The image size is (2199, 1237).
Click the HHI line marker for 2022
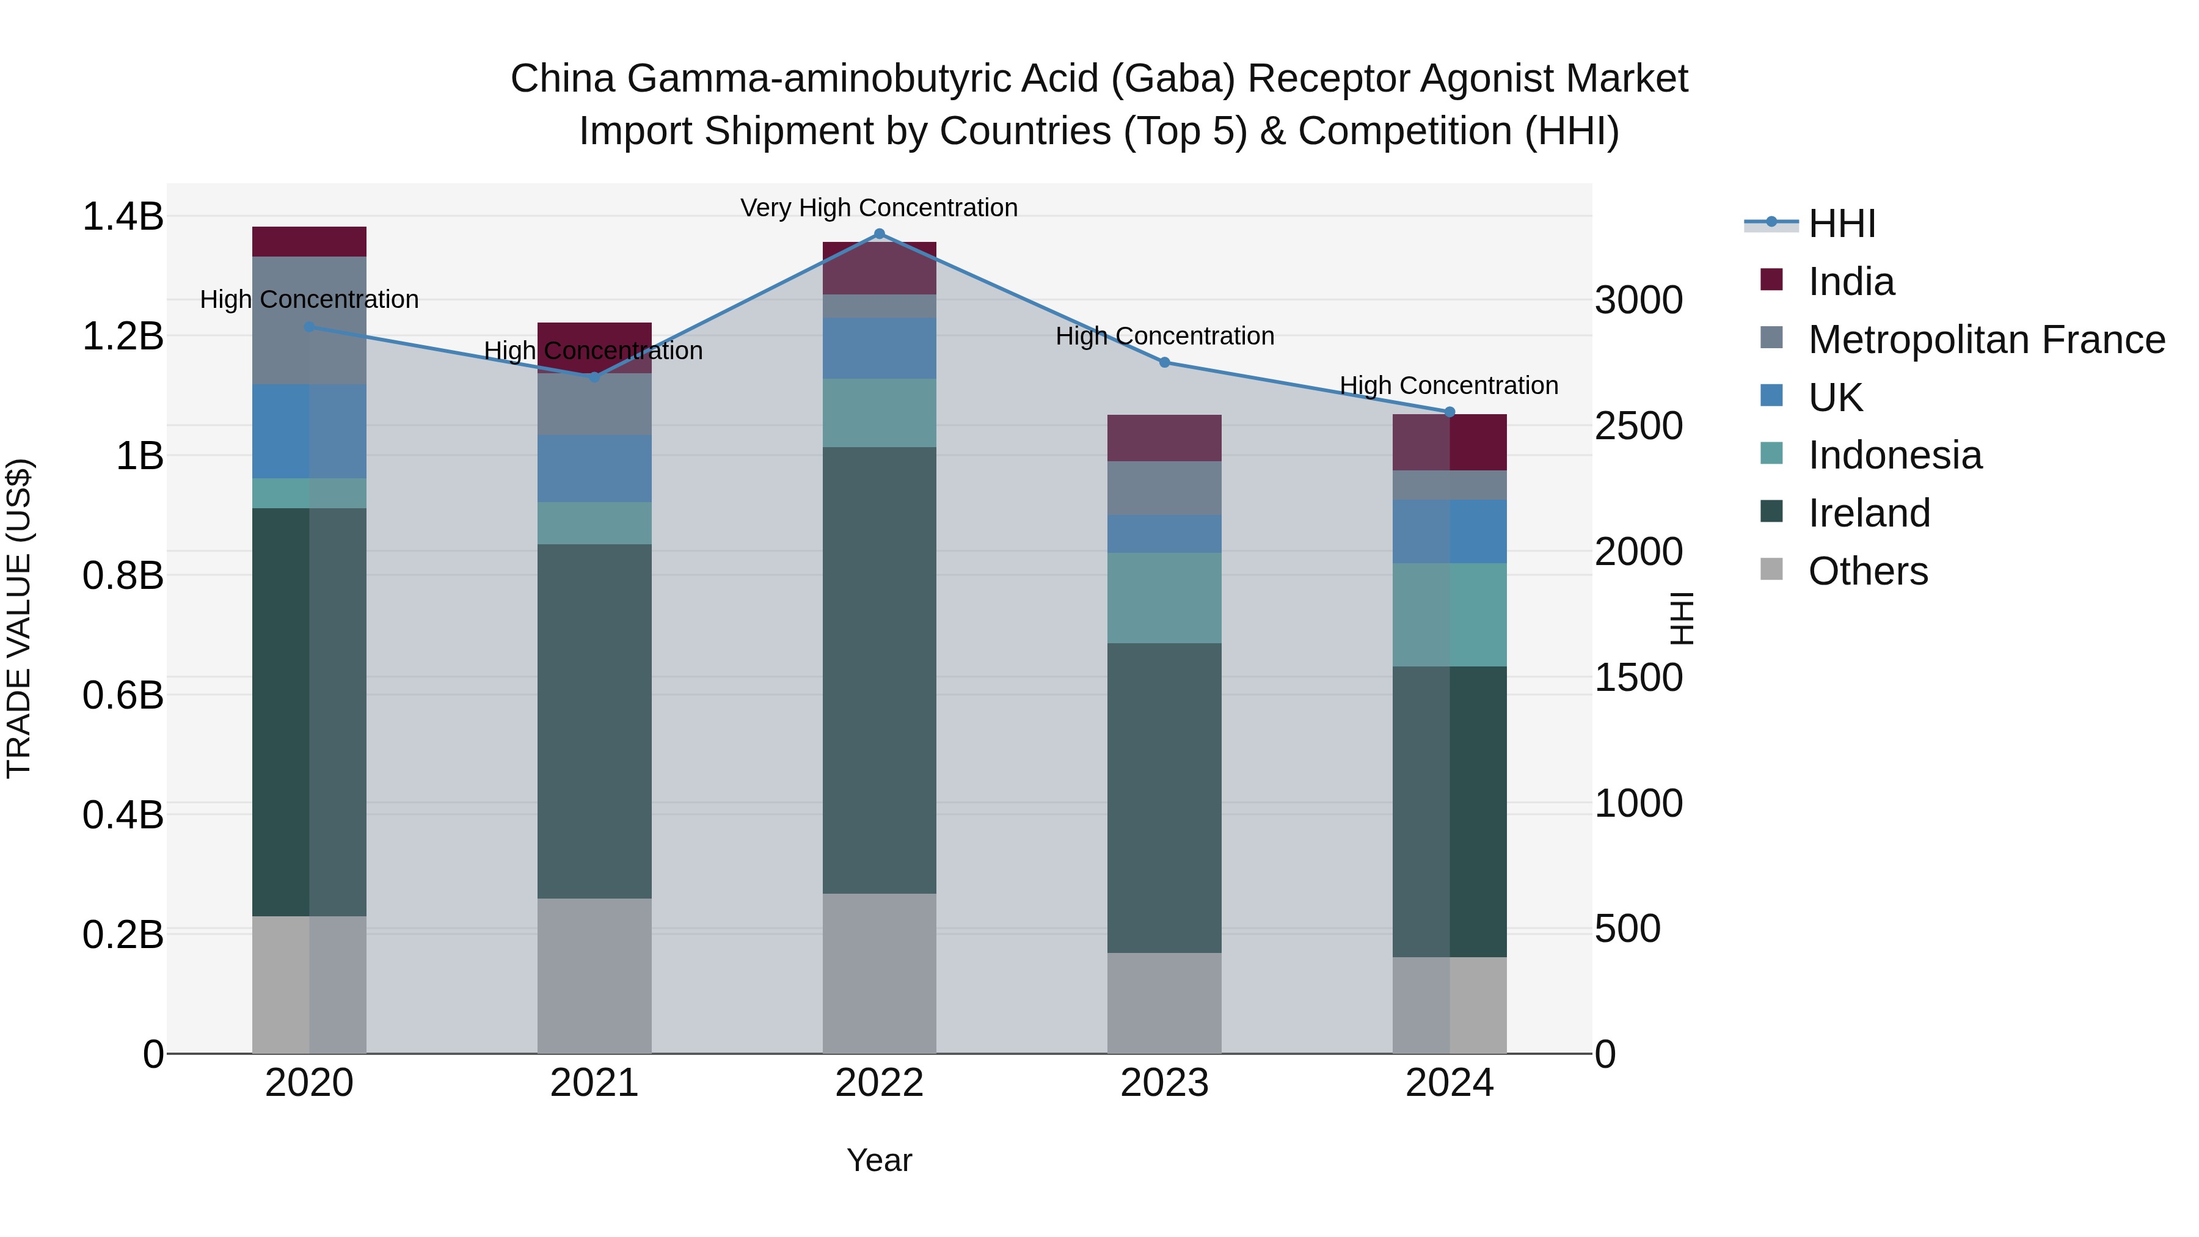(x=879, y=233)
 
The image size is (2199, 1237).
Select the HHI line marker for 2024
(x=1450, y=412)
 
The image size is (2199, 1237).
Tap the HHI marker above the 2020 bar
(x=309, y=327)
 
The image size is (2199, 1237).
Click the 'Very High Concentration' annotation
(x=878, y=208)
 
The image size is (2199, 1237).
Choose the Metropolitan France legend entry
(x=1986, y=340)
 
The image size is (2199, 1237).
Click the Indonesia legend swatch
(x=1771, y=455)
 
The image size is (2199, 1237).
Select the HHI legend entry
(x=1840, y=224)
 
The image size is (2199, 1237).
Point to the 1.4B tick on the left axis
(x=122, y=216)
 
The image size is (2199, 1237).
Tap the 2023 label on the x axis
(x=1164, y=1083)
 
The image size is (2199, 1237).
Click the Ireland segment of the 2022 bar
(x=879, y=670)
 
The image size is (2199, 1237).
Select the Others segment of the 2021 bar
(x=594, y=975)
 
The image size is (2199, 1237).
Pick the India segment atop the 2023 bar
(x=1164, y=438)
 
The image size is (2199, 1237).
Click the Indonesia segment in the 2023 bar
(x=1164, y=597)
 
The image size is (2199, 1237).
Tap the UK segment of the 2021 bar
(x=594, y=468)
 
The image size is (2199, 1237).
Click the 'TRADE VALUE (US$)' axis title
(x=19, y=618)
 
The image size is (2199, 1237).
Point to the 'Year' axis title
(x=879, y=1160)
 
